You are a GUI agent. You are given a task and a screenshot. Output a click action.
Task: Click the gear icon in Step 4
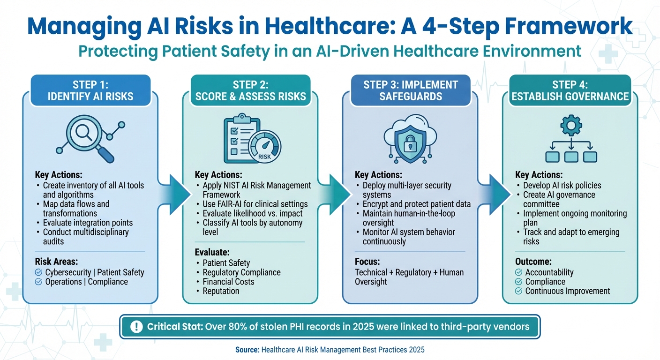click(x=570, y=126)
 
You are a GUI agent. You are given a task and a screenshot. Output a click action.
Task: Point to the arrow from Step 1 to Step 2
click(x=172, y=189)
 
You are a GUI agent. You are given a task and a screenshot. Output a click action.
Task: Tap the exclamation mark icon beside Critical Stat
click(x=135, y=327)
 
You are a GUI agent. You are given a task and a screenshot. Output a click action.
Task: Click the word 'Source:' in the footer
click(x=248, y=350)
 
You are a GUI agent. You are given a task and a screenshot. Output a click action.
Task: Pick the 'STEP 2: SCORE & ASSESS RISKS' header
click(x=250, y=90)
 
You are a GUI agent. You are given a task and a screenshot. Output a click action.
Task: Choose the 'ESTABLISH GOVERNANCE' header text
click(x=570, y=97)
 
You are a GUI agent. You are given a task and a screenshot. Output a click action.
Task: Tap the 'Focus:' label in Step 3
click(x=367, y=262)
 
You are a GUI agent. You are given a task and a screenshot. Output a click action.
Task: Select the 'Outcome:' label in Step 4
click(x=533, y=262)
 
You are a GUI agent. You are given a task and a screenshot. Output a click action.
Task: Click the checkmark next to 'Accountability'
click(x=518, y=272)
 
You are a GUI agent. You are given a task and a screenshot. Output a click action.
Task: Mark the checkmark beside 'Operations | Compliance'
click(x=38, y=282)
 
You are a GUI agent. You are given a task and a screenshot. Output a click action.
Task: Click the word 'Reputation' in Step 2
click(x=221, y=291)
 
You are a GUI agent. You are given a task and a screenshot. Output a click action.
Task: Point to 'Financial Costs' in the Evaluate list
click(x=228, y=282)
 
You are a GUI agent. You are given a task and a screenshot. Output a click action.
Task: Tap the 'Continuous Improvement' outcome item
click(x=568, y=291)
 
